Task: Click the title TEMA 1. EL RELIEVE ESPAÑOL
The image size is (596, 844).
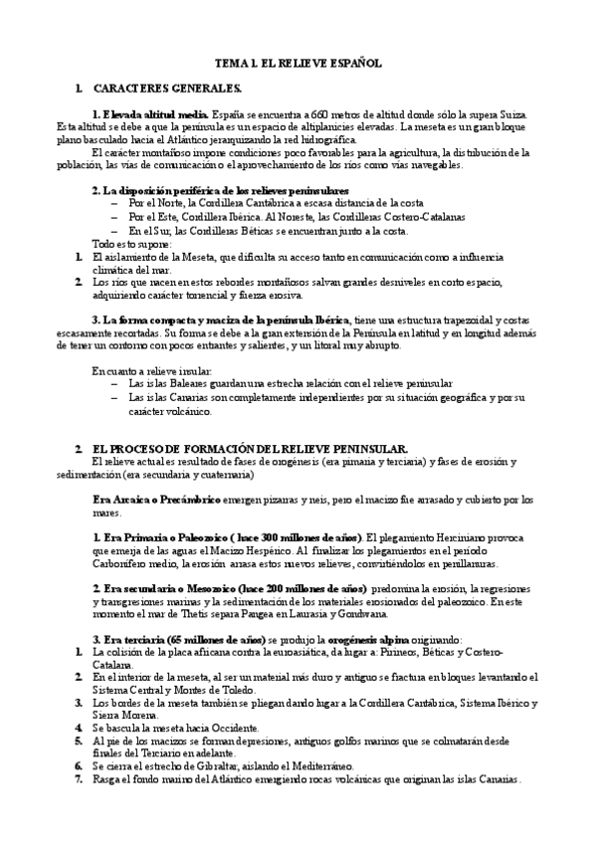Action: [298, 62]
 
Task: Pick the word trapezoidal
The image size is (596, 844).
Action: [461, 318]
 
